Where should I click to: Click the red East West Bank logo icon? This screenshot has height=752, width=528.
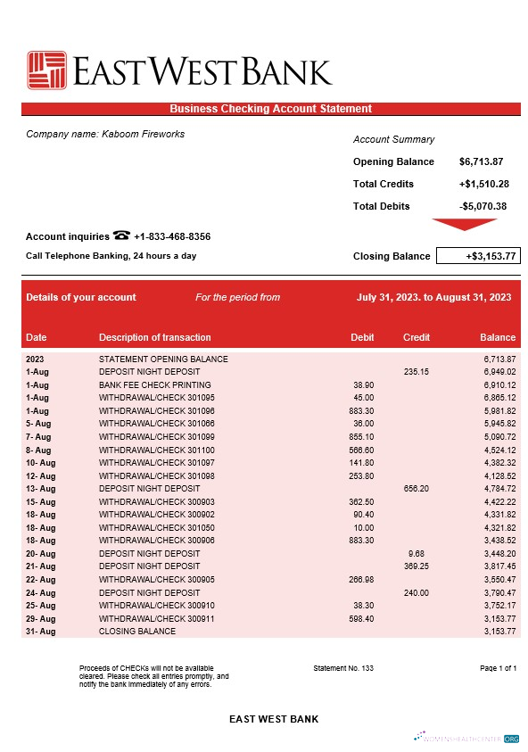click(x=46, y=71)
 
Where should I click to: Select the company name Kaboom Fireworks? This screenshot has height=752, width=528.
click(x=105, y=135)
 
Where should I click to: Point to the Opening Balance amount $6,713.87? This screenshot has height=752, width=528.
click(x=482, y=162)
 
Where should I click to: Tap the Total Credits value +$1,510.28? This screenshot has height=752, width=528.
click(x=483, y=185)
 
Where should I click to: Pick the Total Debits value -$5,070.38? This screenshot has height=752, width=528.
click(x=483, y=207)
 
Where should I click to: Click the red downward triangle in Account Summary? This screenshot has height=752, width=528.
click(x=464, y=225)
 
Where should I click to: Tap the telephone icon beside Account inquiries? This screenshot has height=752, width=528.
click(x=122, y=236)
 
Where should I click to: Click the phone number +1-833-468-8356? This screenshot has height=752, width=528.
click(x=172, y=237)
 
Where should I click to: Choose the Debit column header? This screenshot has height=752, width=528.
click(x=362, y=338)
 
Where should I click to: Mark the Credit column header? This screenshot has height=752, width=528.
click(x=417, y=338)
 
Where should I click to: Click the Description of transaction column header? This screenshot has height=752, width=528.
click(x=155, y=338)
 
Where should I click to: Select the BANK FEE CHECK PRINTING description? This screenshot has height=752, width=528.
click(x=155, y=384)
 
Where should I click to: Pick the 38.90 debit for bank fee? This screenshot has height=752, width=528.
click(x=363, y=384)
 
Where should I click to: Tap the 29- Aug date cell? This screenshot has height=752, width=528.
click(x=41, y=619)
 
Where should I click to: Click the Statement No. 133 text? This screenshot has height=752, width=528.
click(x=343, y=668)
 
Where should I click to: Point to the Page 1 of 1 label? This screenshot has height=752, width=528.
click(x=498, y=668)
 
